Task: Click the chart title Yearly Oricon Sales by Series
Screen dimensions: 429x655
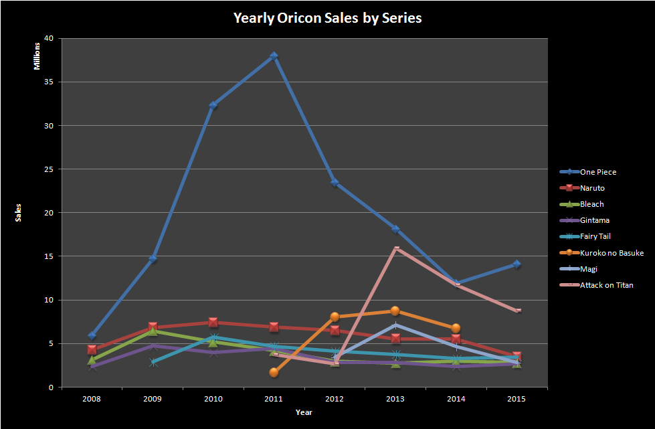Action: point(327,18)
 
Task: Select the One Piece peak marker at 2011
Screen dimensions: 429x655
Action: point(274,56)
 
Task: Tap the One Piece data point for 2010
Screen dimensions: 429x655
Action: point(213,105)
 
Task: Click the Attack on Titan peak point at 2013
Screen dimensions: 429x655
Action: point(396,248)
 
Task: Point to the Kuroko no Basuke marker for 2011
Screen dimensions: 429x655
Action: point(274,372)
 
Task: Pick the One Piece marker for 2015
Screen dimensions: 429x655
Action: point(517,264)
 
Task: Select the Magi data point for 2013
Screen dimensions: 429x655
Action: point(395,325)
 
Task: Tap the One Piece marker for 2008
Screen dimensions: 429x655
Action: point(92,335)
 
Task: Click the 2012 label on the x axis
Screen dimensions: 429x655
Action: point(335,399)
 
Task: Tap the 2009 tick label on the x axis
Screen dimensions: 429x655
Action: point(152,399)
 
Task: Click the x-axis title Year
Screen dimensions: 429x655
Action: point(304,412)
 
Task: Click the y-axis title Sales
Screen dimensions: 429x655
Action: point(19,212)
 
